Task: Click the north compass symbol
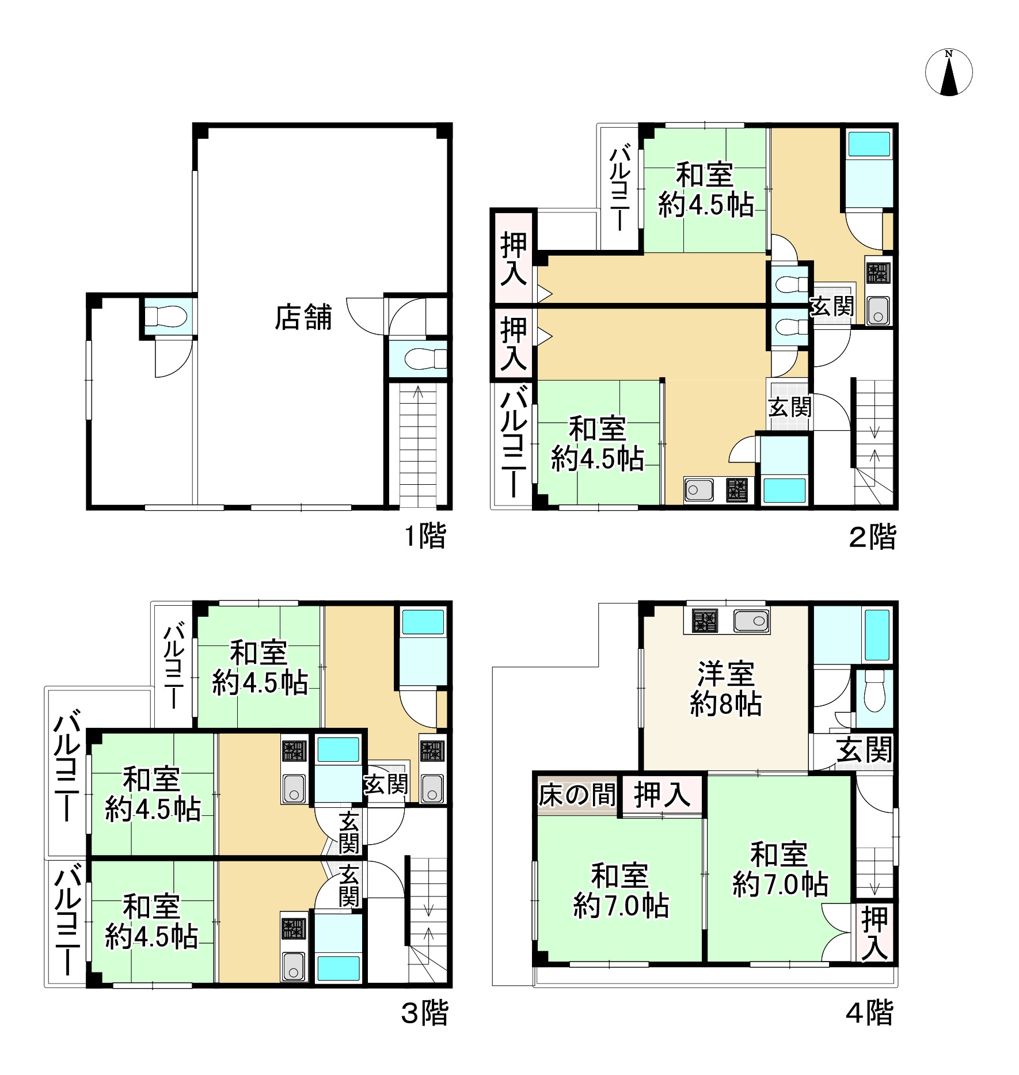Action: [949, 73]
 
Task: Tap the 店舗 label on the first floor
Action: [303, 317]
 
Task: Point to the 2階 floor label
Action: [873, 537]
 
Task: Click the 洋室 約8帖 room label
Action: [725, 689]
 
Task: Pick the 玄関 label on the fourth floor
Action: [864, 750]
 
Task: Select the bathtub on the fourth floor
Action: [877, 635]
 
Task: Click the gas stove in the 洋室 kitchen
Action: [705, 620]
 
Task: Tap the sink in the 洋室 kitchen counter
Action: [751, 620]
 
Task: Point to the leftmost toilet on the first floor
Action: [165, 317]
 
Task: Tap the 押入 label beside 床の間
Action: [662, 795]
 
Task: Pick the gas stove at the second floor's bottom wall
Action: [736, 490]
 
